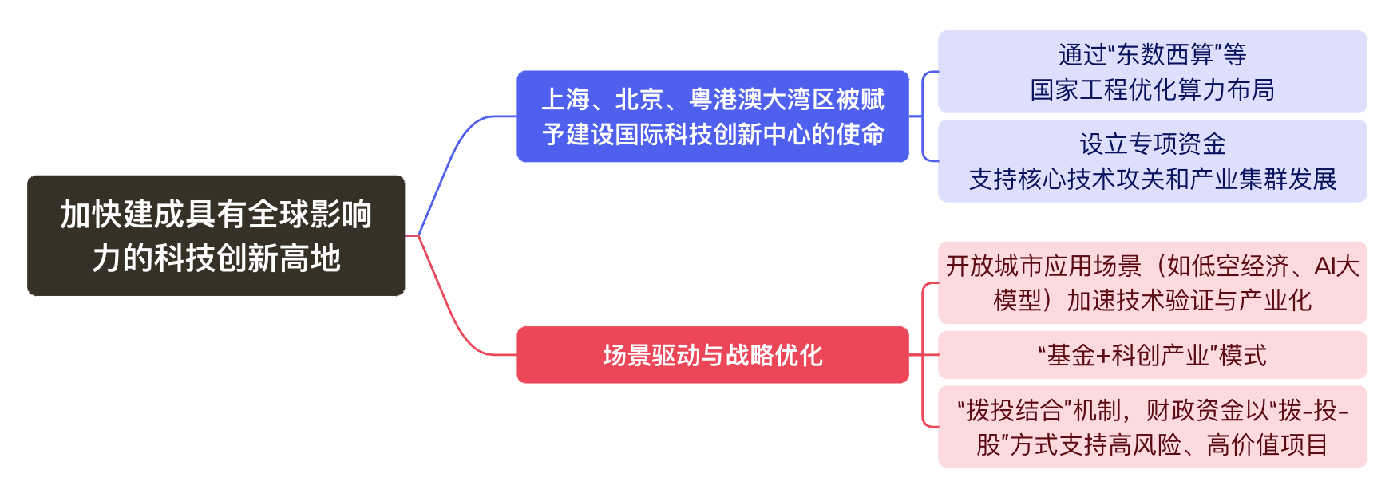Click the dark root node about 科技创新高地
(x=216, y=235)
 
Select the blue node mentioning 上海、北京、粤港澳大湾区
(x=712, y=116)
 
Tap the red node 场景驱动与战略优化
(x=712, y=355)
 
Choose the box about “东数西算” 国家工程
(x=1152, y=72)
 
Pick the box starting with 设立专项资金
(x=1152, y=161)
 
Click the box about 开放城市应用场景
(x=1152, y=282)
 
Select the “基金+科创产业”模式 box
(x=1152, y=355)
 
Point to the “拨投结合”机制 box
(x=1152, y=427)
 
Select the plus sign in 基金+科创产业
(x=1103, y=355)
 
